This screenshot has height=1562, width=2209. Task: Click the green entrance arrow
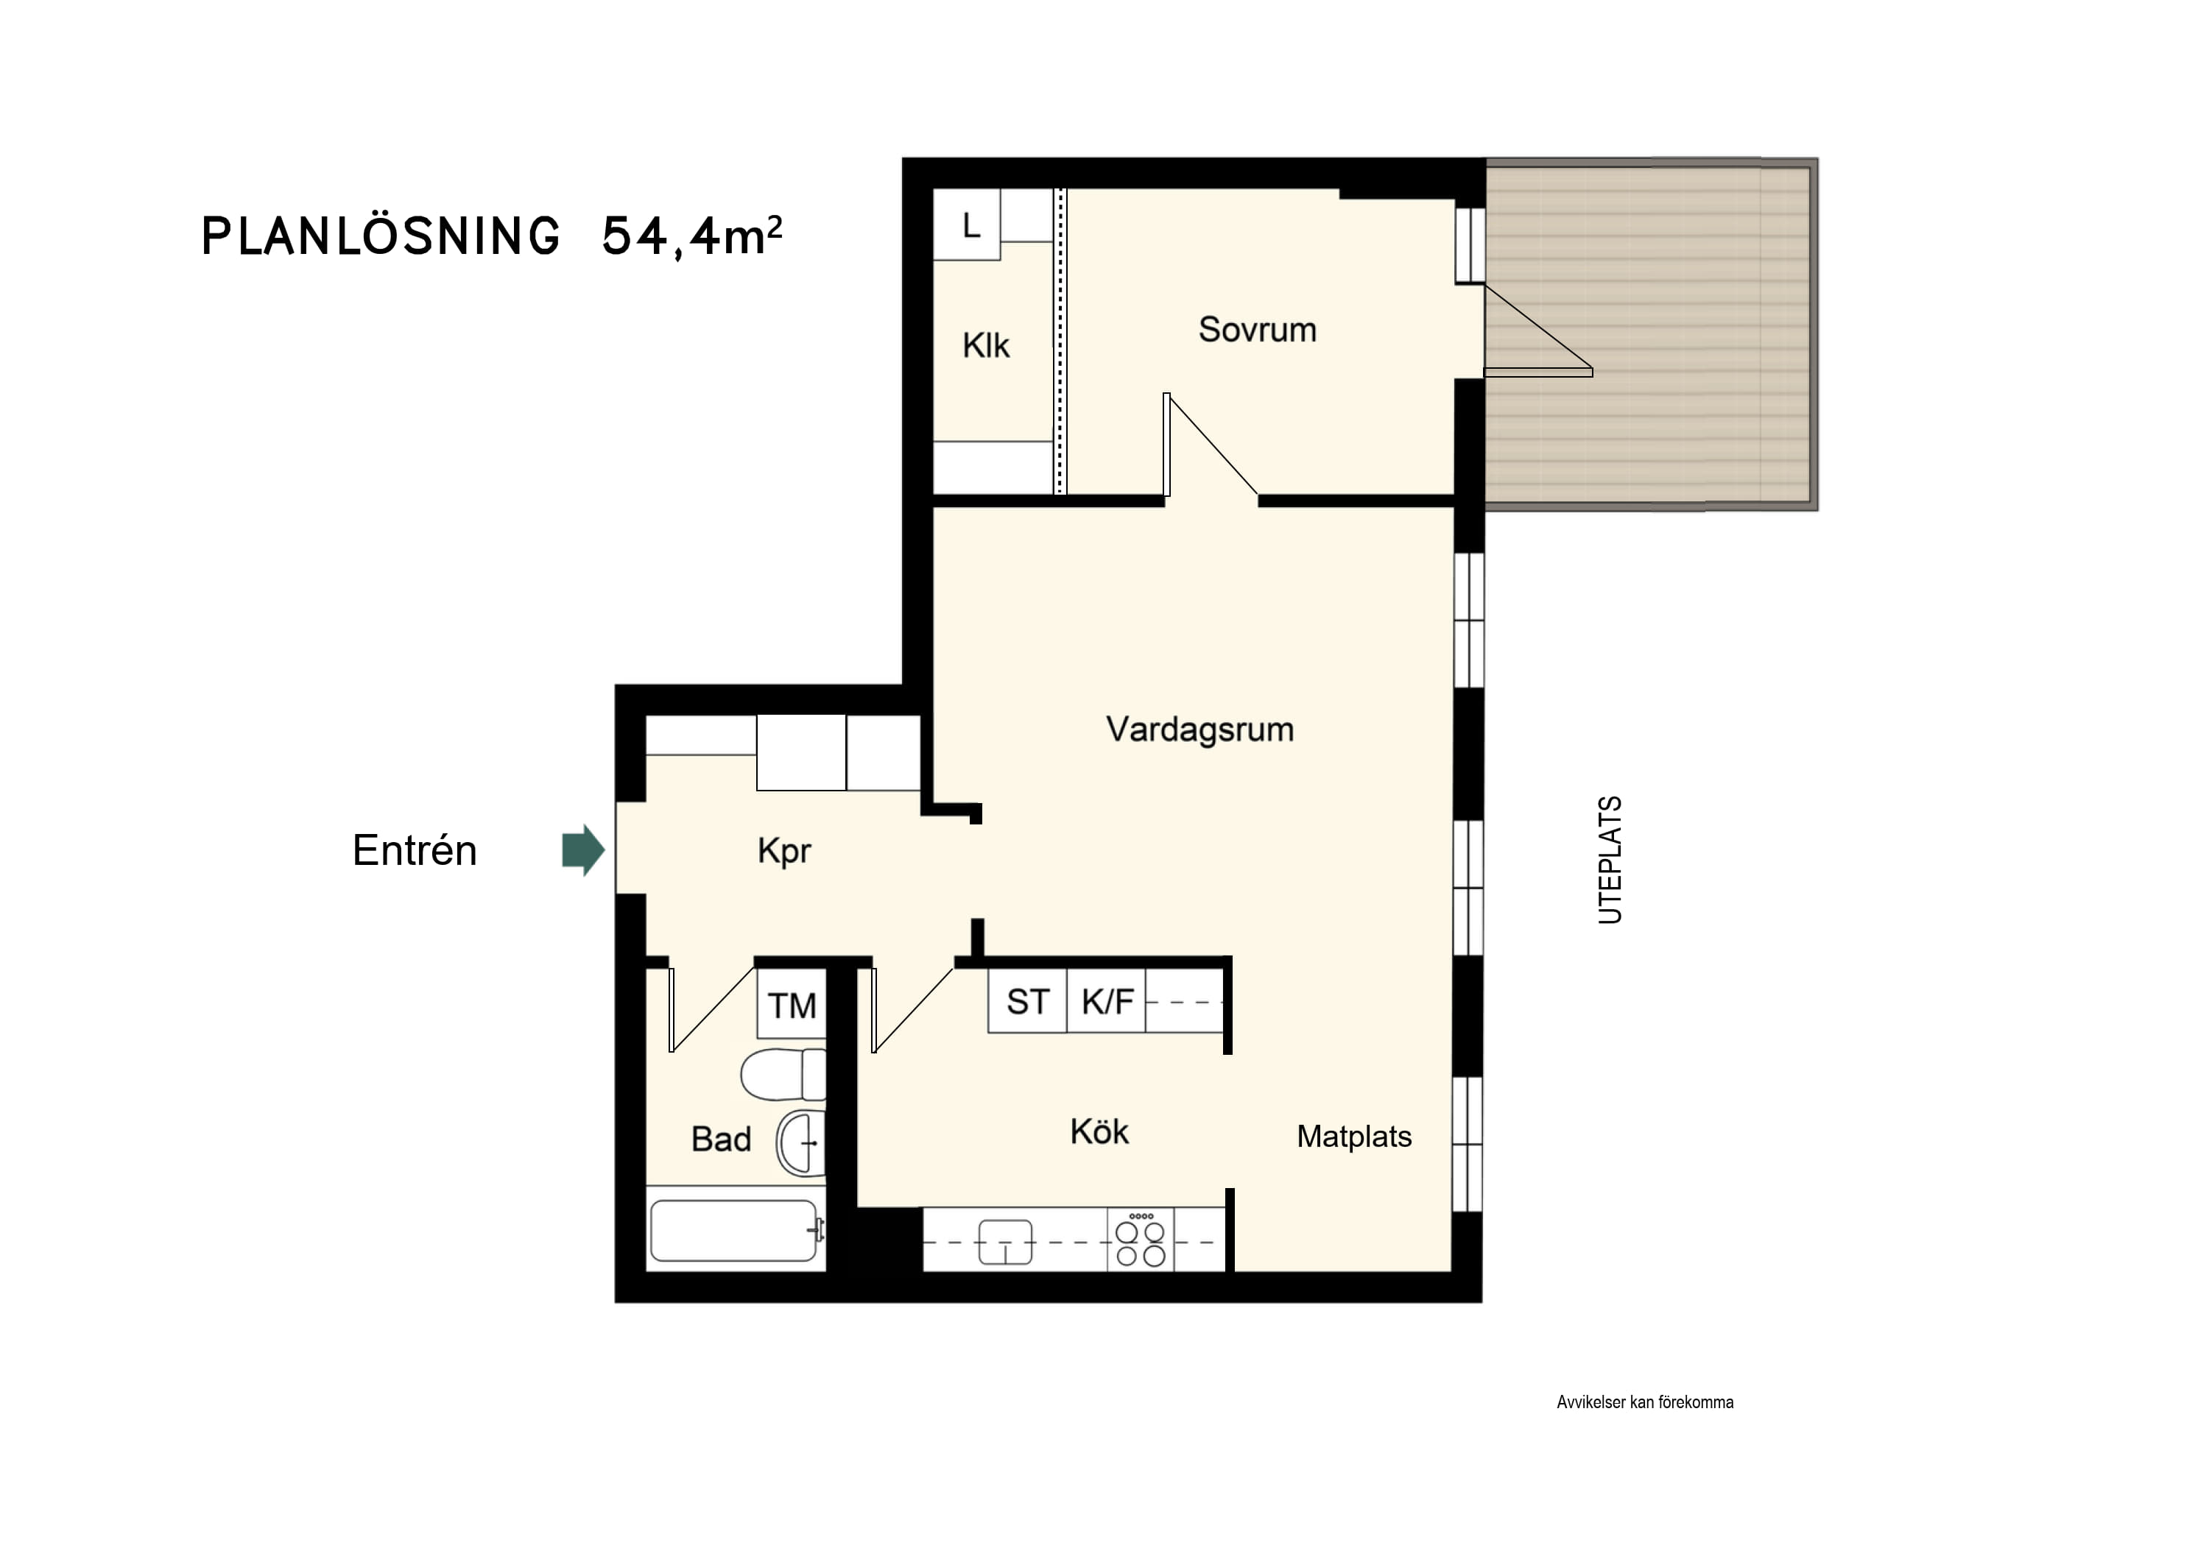coord(583,849)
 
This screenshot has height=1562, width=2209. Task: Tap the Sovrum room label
coord(1258,330)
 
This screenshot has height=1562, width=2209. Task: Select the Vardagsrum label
coord(1199,729)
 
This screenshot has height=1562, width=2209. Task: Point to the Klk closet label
coord(986,345)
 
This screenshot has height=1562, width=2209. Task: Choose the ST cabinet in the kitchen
coord(1027,1001)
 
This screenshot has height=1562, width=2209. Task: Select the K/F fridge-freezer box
coord(1107,1001)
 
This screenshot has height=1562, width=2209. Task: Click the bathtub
coord(736,1231)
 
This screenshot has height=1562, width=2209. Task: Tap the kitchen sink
coord(1005,1242)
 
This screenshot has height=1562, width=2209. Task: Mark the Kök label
coord(1099,1131)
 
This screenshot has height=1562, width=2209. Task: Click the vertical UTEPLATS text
coord(1610,860)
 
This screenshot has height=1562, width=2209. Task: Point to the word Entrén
coord(415,850)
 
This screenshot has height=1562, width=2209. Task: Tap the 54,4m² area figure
coord(691,236)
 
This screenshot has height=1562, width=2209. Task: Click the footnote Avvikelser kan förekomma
coord(1645,1402)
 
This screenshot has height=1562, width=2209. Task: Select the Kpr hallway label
coord(784,851)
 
